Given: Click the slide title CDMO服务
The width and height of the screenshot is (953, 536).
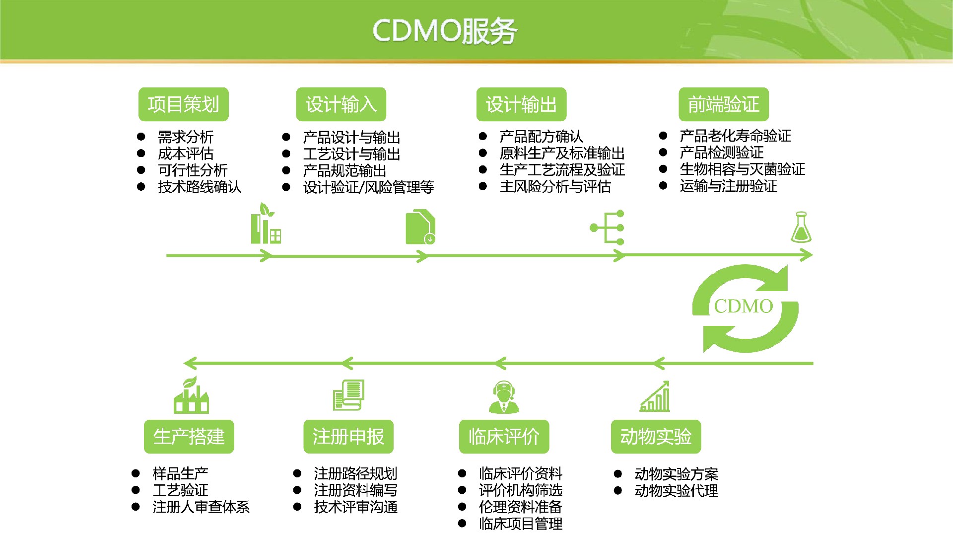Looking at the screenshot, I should (x=444, y=31).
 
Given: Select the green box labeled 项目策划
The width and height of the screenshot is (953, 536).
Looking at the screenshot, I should (x=183, y=104).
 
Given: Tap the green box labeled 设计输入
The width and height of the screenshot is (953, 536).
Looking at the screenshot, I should (x=340, y=104).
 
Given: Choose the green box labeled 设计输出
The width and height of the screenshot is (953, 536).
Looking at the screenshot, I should (x=521, y=104).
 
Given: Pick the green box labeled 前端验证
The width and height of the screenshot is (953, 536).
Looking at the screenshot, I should (x=723, y=104).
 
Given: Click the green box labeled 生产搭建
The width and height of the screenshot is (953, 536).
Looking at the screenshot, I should (x=189, y=437).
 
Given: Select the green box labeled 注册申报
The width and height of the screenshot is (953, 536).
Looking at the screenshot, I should (x=348, y=437).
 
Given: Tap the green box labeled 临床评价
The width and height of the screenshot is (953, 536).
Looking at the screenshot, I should (x=504, y=437).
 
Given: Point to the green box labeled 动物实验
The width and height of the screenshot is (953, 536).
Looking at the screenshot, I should (x=655, y=437).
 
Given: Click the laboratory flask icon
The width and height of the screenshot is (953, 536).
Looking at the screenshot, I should (x=801, y=228).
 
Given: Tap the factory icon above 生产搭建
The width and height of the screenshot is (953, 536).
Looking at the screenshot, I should (x=191, y=396).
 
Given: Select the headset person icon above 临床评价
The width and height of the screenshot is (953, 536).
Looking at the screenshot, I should (x=504, y=397).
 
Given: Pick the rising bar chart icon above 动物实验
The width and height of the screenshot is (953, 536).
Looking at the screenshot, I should (x=655, y=397).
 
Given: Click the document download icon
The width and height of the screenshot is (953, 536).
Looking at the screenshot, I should (x=420, y=228).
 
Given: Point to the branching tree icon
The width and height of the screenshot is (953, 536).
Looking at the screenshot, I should (x=608, y=228).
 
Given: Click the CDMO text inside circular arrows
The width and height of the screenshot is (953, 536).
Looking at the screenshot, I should (x=743, y=306).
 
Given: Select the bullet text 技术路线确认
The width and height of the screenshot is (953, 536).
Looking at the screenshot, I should (x=199, y=187).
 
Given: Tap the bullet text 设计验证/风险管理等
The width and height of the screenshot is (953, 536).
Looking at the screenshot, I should (x=368, y=187).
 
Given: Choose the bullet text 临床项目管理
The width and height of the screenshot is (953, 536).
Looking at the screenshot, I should (x=520, y=524).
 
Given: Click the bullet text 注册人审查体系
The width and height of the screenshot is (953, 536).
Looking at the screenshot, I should (x=201, y=507).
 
